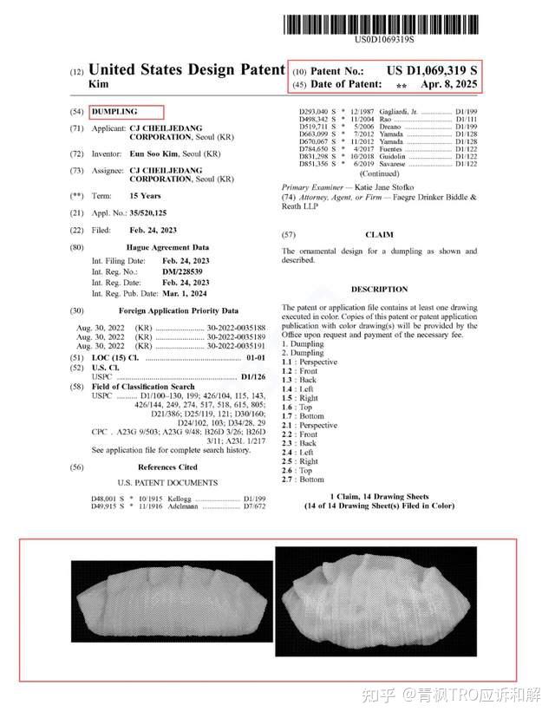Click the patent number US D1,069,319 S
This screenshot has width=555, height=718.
click(432, 70)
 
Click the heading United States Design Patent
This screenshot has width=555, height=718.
click(186, 69)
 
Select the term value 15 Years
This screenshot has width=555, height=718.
click(145, 196)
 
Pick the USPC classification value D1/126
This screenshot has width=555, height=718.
click(252, 377)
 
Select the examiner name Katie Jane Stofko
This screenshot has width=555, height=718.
click(384, 187)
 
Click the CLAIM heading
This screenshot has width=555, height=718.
click(379, 235)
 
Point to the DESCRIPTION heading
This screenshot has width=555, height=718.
click(379, 289)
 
